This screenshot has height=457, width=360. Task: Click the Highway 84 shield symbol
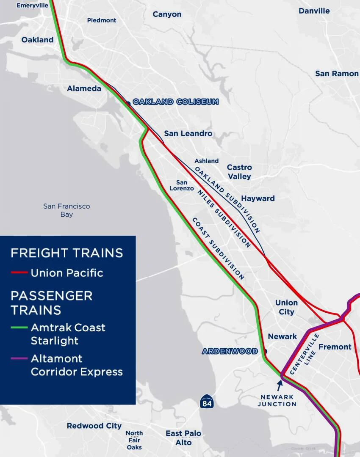pos(207,402)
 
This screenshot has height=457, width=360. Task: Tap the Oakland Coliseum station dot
pos(128,103)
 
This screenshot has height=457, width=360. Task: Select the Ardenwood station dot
pos(265,351)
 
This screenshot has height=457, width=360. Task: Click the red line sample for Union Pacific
pos(19,273)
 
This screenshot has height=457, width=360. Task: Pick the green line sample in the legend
pos(19,328)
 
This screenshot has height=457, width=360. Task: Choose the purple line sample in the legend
pos(19,359)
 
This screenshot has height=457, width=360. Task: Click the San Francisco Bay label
pos(66,210)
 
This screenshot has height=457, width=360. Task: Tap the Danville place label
pos(314,11)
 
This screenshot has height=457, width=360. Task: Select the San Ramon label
pos(337,74)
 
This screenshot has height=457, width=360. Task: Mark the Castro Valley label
pos(239,172)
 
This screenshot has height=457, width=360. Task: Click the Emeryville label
pos(33,6)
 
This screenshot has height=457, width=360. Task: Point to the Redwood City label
pos(94,426)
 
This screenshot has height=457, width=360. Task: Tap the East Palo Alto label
pos(183,438)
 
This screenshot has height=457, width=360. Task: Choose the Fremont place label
pos(335,347)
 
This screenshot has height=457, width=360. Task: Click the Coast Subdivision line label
pos(218,249)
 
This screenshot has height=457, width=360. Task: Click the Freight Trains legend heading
pos(66,253)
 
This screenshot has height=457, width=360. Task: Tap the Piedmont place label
pos(102,20)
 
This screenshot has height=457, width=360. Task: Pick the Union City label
pos(286,307)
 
